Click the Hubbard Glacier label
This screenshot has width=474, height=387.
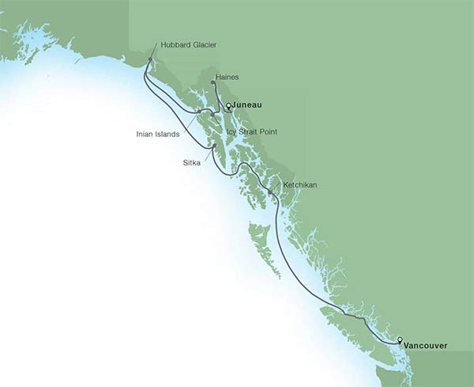(188, 45)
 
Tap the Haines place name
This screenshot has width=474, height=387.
(227, 77)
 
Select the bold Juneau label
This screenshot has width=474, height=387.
(247, 104)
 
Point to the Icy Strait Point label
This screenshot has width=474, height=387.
(251, 131)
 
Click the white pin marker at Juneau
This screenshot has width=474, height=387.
(228, 105)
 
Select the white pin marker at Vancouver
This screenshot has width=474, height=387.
(400, 340)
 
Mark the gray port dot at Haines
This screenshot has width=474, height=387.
(213, 82)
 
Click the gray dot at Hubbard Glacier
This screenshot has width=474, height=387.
(149, 60)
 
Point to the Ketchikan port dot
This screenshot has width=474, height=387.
(270, 192)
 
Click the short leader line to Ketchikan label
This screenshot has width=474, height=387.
(276, 187)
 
